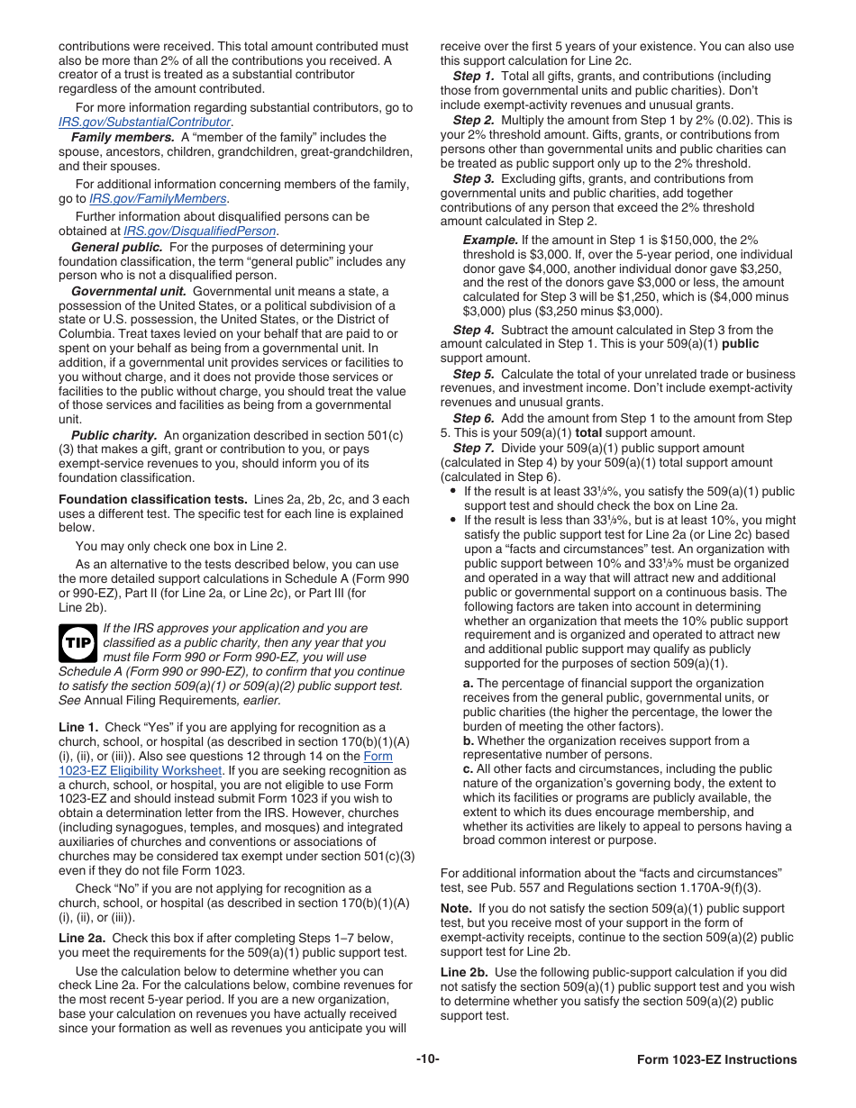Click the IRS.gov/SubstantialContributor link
pyautogui.click(x=145, y=122)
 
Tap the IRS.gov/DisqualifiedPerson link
pyautogui.click(x=200, y=231)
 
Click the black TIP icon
pyautogui.click(x=77, y=643)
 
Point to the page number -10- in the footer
pyautogui.click(x=427, y=1059)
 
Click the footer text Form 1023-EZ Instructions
pyautogui.click(x=716, y=1060)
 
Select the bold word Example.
pyautogui.click(x=490, y=240)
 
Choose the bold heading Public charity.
pyautogui.click(x=114, y=434)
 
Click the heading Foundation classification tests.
pyautogui.click(x=153, y=499)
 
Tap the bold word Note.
pyautogui.click(x=456, y=909)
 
